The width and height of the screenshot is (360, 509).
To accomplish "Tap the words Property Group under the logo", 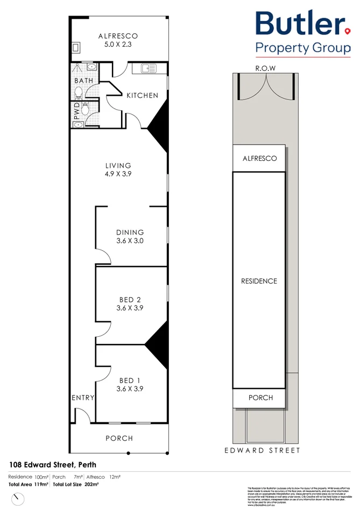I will tap(302, 48).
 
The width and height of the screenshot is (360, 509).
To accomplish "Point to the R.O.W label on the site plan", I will tap(266, 68).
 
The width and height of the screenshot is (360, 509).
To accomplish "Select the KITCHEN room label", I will tap(142, 95).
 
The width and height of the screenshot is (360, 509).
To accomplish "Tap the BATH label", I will tap(83, 81).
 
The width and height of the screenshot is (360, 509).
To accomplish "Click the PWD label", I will tap(76, 110).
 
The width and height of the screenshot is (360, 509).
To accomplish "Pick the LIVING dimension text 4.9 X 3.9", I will tap(118, 175).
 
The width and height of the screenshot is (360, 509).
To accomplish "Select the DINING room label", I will tap(130, 232).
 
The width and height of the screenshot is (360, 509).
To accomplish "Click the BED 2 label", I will tap(130, 299).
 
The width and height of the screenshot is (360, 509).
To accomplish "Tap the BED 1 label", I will tap(130, 379).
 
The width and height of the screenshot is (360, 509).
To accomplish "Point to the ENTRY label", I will tap(83, 398).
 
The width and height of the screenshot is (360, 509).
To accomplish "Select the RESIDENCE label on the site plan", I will tap(259, 281).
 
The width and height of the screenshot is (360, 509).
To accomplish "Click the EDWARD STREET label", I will tap(262, 450).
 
